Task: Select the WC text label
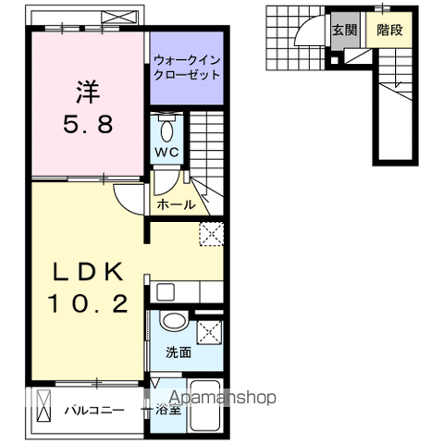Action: pos(167,151)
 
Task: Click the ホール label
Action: pos(176,203)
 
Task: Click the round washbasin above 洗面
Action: pos(172,324)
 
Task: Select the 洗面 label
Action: pos(179,352)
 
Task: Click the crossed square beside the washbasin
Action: pos(211,331)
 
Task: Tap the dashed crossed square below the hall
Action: pos(212,234)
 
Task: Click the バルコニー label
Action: pos(94,409)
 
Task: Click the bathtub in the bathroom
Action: pos(205,407)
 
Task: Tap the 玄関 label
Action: pos(344,30)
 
